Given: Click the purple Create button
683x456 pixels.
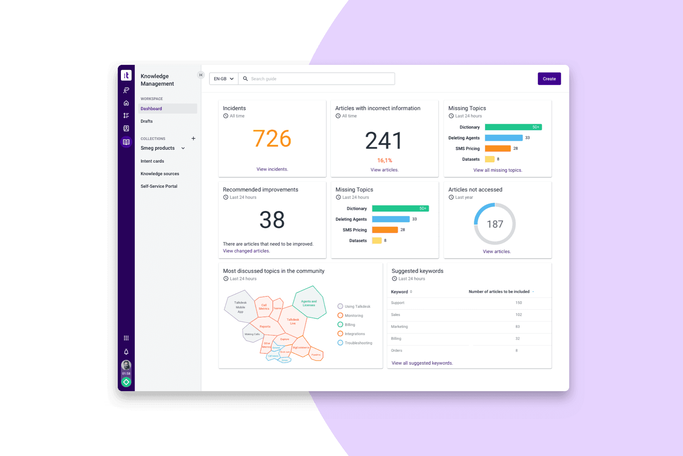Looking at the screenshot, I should (549, 79).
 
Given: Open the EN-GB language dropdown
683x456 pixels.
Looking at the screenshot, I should (223, 79).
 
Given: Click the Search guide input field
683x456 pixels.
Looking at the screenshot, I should (318, 79).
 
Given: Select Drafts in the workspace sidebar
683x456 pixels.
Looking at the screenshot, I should (146, 121).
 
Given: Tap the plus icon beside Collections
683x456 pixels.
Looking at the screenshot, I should (193, 138).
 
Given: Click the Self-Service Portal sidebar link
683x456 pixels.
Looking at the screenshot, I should (159, 186).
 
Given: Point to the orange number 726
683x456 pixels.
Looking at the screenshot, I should (272, 139).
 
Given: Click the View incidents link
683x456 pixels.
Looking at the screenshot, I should (272, 169).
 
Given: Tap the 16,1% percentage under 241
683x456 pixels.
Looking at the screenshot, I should (384, 160).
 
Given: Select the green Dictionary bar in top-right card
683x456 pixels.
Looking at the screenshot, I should (513, 127).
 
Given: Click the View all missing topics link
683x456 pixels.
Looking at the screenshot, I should (497, 170).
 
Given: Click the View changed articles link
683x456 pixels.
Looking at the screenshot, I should (246, 251).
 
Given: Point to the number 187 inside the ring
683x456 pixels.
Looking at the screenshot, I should (495, 224).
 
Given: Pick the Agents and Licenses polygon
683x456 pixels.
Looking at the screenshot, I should (309, 303).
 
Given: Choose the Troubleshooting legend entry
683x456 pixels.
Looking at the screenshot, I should (355, 343).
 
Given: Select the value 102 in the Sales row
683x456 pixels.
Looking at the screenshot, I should (519, 314).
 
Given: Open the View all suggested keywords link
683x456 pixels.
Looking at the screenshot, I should (422, 363).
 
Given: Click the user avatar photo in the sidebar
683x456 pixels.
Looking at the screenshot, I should (126, 365).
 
